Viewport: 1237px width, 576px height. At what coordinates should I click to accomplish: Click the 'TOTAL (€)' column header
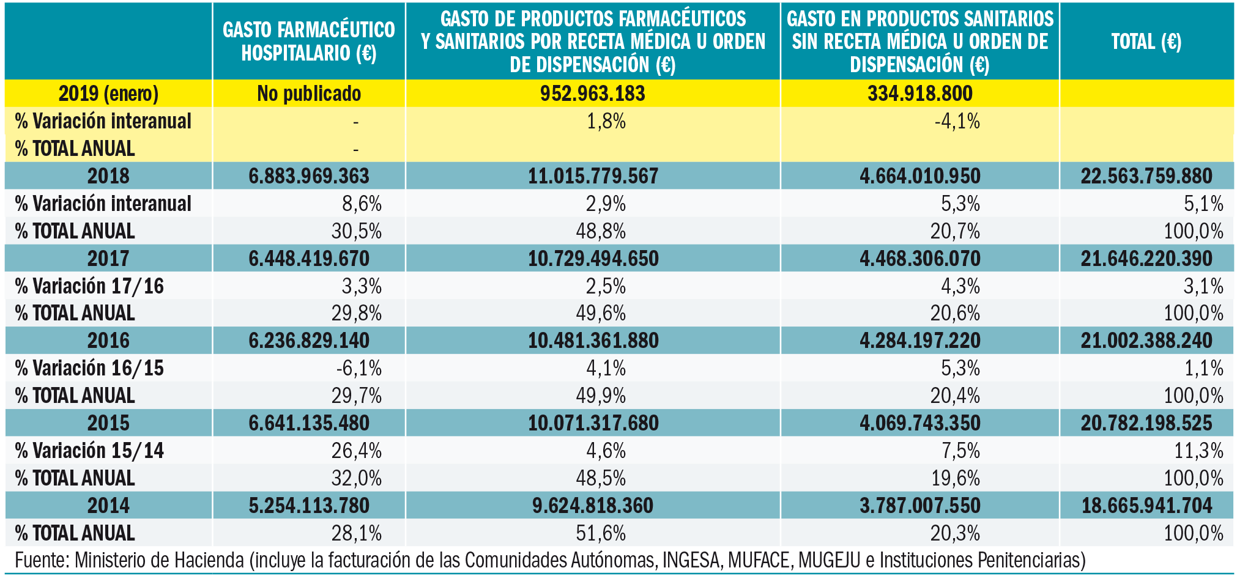pos(1146,42)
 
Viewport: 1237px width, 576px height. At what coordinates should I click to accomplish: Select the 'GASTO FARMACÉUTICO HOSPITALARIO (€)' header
pos(308,42)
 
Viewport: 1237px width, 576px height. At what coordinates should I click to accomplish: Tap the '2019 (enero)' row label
pos(108,94)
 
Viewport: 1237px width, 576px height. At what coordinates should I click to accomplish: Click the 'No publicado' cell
pos(308,94)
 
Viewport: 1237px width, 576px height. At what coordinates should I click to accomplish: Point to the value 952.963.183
pos(592,94)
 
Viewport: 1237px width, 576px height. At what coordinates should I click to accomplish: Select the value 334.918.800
pos(919,94)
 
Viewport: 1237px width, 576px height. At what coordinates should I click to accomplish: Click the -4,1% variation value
pos(957,121)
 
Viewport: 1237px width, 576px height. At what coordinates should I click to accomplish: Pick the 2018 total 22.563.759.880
pos(1146,176)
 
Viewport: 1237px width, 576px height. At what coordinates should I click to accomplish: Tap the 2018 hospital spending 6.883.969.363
pos(308,176)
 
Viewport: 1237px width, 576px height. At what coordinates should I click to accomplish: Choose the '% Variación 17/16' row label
pos(89,286)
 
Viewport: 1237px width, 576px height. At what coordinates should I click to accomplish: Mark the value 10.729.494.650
pos(593,259)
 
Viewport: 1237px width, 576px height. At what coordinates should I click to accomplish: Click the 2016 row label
pos(108,341)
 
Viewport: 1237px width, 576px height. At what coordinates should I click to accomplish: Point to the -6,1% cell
pos(358,368)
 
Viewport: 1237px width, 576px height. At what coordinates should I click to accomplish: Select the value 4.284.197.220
pos(919,341)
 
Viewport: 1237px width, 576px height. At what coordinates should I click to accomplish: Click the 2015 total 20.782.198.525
pos(1146,423)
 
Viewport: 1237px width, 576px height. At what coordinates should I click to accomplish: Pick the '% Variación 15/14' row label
pos(89,451)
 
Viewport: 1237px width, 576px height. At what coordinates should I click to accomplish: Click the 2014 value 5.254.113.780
pos(308,506)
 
